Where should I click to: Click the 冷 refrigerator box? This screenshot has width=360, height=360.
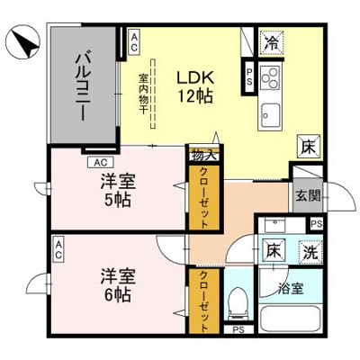[270, 41]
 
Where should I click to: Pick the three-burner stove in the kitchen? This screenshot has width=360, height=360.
[271, 76]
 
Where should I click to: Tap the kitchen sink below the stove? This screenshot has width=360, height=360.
[271, 112]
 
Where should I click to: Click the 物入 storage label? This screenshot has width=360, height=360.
[199, 155]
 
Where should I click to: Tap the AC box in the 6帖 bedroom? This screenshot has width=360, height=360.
[58, 245]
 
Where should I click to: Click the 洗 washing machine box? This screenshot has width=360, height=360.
[309, 255]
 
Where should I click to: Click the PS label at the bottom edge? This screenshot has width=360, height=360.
[238, 330]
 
